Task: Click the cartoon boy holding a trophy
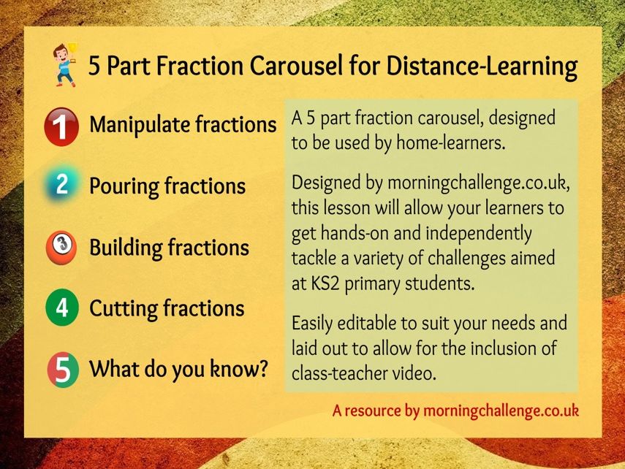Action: (x=65, y=65)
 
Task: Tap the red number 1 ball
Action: (x=61, y=126)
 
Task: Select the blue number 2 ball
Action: (x=62, y=185)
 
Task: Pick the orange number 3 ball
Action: (x=61, y=247)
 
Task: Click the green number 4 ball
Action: (x=62, y=308)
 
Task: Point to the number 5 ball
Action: (x=63, y=370)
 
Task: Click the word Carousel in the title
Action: (x=296, y=65)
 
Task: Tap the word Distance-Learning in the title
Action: (x=482, y=66)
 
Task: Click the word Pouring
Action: (x=124, y=186)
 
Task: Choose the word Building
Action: (x=125, y=248)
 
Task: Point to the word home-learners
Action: (x=451, y=143)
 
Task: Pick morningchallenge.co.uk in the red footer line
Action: (x=501, y=411)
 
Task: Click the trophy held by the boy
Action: (x=72, y=49)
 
